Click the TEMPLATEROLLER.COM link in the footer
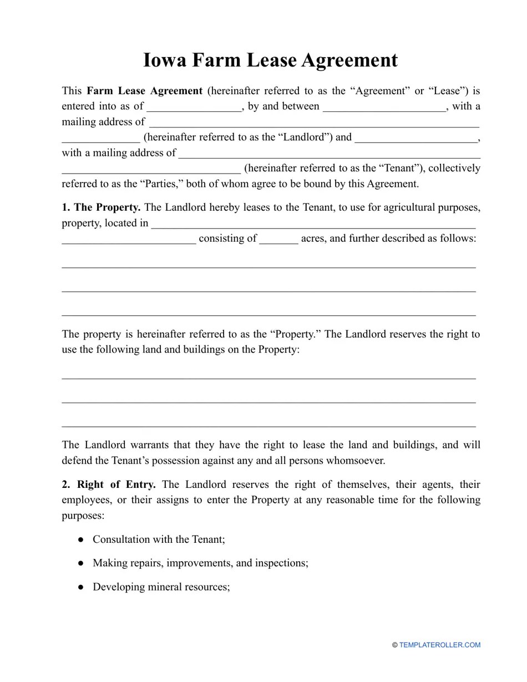click(x=439, y=645)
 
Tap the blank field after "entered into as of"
click(x=194, y=106)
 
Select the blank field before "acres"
click(x=278, y=239)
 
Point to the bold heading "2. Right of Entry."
click(x=109, y=485)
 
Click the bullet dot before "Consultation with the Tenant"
click(x=81, y=540)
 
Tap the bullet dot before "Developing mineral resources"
click(x=81, y=587)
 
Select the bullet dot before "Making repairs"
click(x=81, y=563)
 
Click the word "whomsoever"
click(x=357, y=461)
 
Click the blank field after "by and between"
click(x=384, y=106)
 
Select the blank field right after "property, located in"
click(x=313, y=223)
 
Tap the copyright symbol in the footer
click(x=395, y=645)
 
